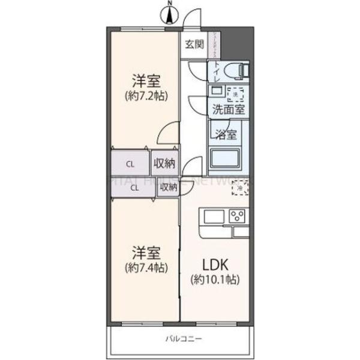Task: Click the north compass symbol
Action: pos(170,13)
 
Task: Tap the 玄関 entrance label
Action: pos(194,44)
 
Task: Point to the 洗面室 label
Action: pos(227,109)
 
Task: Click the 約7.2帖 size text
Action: pos(146,95)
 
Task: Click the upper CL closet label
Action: pos(130,163)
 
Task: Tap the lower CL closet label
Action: pos(135,187)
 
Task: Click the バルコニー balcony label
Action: pos(183,339)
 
